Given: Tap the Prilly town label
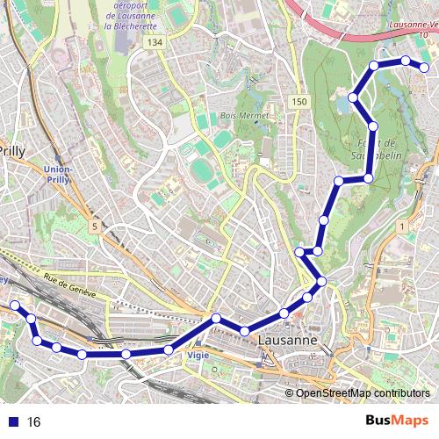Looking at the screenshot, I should point(12,150).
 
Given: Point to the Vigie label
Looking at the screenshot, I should point(198,356).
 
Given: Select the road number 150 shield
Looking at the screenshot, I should point(299,102).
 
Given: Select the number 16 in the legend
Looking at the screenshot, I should point(33,421).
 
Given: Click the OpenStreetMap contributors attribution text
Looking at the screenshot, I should point(363,393).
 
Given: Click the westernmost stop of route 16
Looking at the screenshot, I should point(14,306).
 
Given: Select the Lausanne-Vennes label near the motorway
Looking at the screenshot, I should point(411,25).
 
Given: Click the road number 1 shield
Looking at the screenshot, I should point(402,227).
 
